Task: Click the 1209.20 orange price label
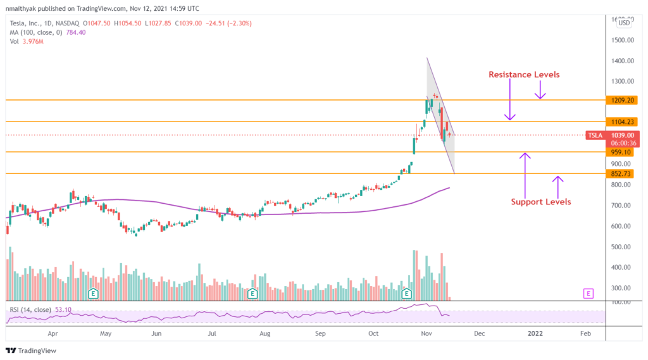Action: [620, 100]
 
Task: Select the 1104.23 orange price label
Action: [620, 121]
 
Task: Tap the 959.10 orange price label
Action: [620, 152]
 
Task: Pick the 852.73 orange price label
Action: [620, 173]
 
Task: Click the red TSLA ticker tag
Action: [595, 135]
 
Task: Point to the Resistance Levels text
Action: [524, 75]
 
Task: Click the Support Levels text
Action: [541, 202]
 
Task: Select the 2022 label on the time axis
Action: [535, 332]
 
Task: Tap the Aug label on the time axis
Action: [265, 332]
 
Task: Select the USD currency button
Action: [624, 23]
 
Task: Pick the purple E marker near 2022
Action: [589, 293]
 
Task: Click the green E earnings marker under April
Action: [93, 293]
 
